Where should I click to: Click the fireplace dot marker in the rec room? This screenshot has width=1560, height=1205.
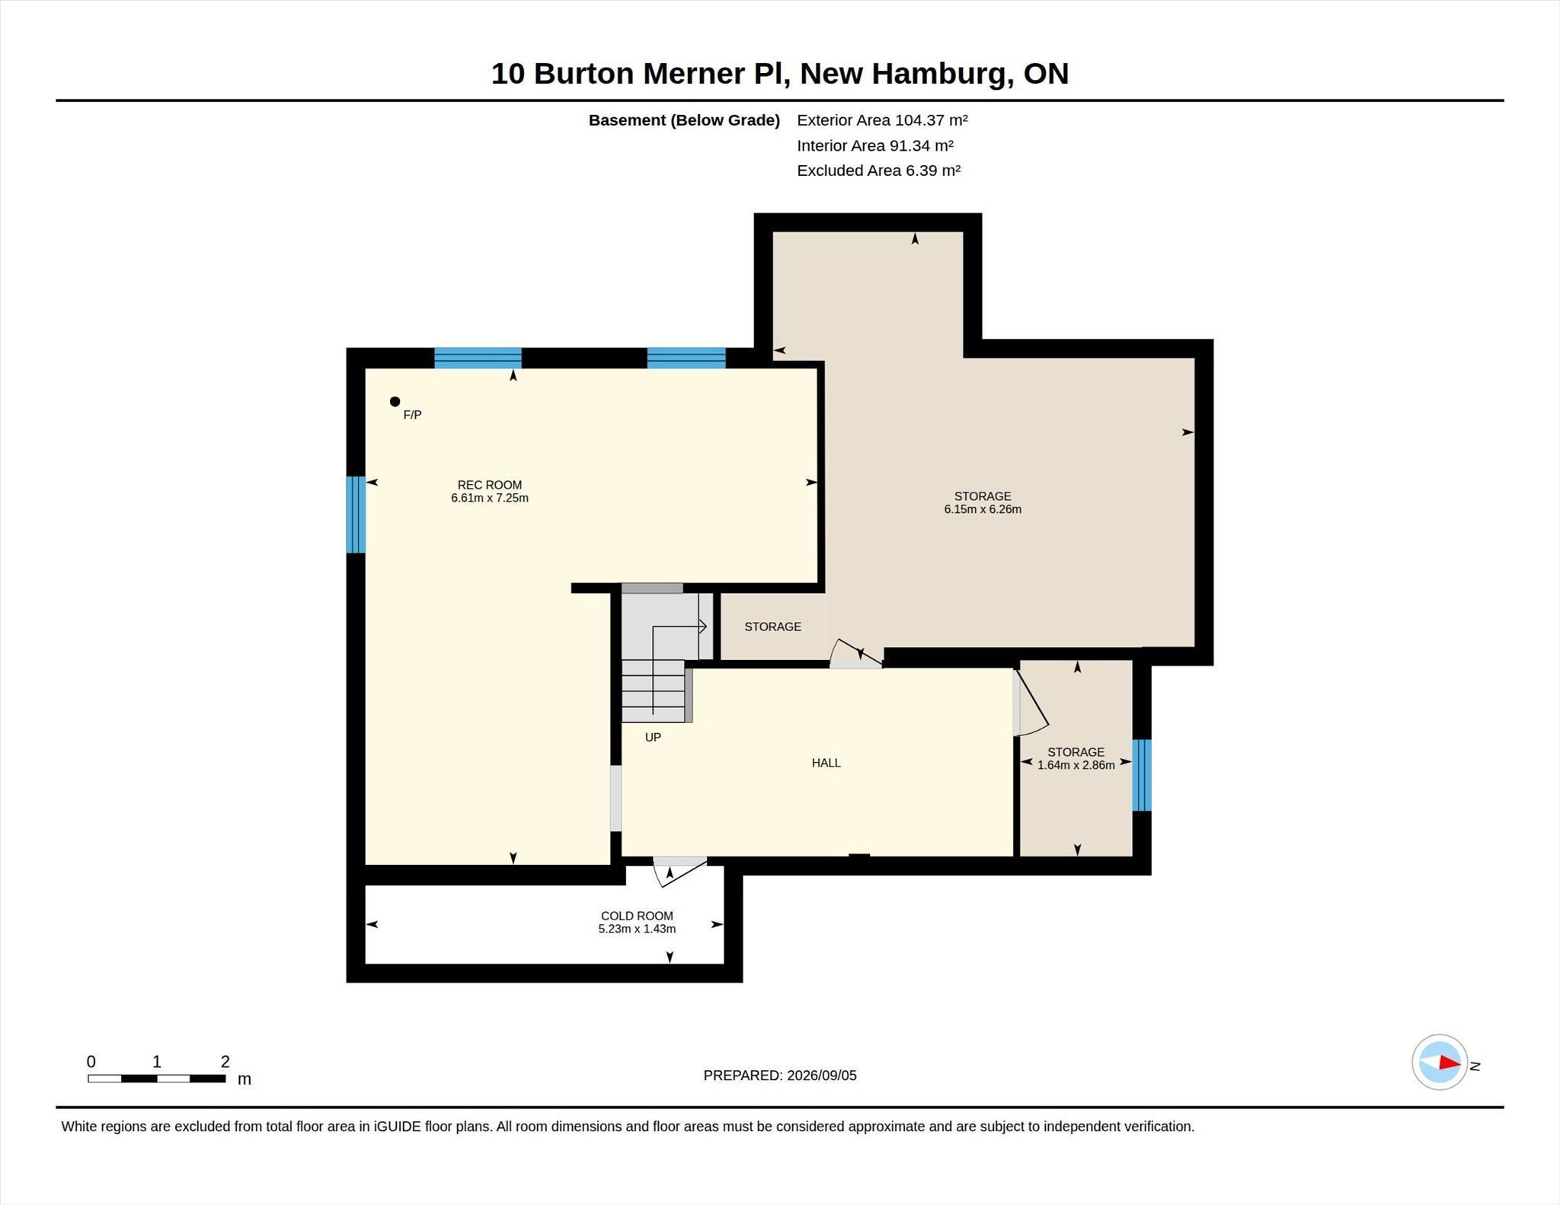pyautogui.click(x=395, y=401)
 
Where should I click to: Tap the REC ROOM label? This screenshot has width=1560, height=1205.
pyautogui.click(x=490, y=485)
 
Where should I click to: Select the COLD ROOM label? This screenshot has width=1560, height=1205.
pyautogui.click(x=637, y=916)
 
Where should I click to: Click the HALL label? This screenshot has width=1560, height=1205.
pyautogui.click(x=826, y=763)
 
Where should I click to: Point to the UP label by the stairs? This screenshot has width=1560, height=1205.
pyautogui.click(x=653, y=737)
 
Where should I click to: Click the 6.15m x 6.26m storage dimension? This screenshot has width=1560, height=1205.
pyautogui.click(x=983, y=509)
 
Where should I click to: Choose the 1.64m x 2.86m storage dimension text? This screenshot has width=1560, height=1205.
pyautogui.click(x=1076, y=765)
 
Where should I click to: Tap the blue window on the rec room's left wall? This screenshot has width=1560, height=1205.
pyautogui.click(x=356, y=515)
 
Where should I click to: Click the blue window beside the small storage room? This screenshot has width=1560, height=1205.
pyautogui.click(x=1141, y=775)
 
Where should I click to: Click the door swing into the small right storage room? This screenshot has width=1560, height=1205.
pyautogui.click(x=1032, y=703)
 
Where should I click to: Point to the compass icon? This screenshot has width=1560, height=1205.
pyautogui.click(x=1439, y=1063)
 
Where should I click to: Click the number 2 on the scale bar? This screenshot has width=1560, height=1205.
pyautogui.click(x=225, y=1062)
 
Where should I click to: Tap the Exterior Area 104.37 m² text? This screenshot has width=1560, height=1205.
pyautogui.click(x=882, y=120)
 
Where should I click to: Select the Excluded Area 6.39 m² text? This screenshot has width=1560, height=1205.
pyautogui.click(x=878, y=171)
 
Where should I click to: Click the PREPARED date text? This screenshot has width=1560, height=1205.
pyautogui.click(x=780, y=1076)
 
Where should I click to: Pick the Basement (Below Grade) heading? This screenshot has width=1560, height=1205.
pyautogui.click(x=684, y=120)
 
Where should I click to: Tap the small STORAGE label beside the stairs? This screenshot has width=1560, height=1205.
pyautogui.click(x=772, y=626)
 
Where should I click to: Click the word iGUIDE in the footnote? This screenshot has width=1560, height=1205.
pyautogui.click(x=397, y=1127)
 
